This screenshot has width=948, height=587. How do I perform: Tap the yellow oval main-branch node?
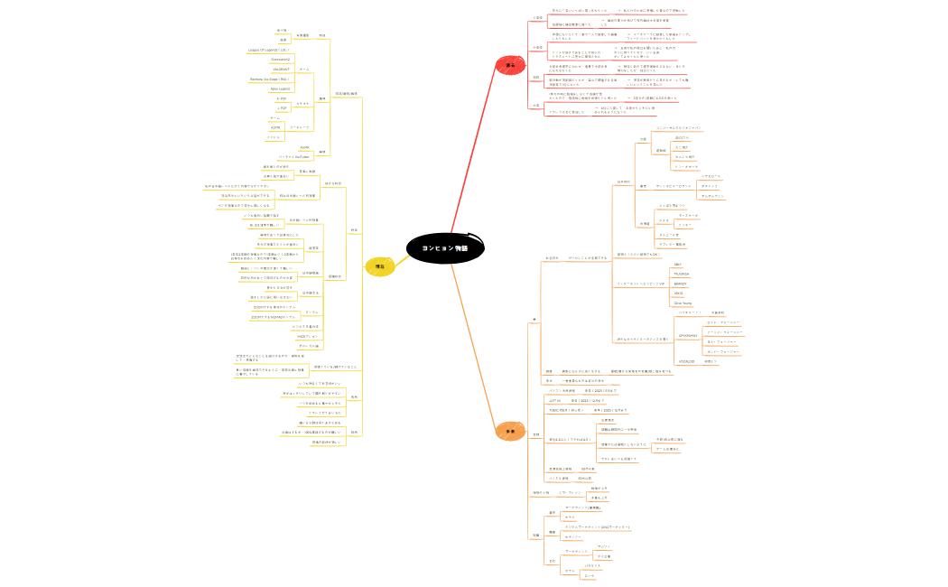click(x=380, y=266)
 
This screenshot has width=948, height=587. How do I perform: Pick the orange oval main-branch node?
click(x=508, y=433)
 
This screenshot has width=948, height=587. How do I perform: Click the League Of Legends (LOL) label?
click(x=268, y=49)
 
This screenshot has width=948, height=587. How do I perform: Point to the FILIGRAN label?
click(x=682, y=274)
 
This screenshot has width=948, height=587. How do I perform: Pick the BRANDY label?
click(x=681, y=284)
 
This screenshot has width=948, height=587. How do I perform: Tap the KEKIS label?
click(x=679, y=293)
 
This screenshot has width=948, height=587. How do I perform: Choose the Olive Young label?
click(x=683, y=303)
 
